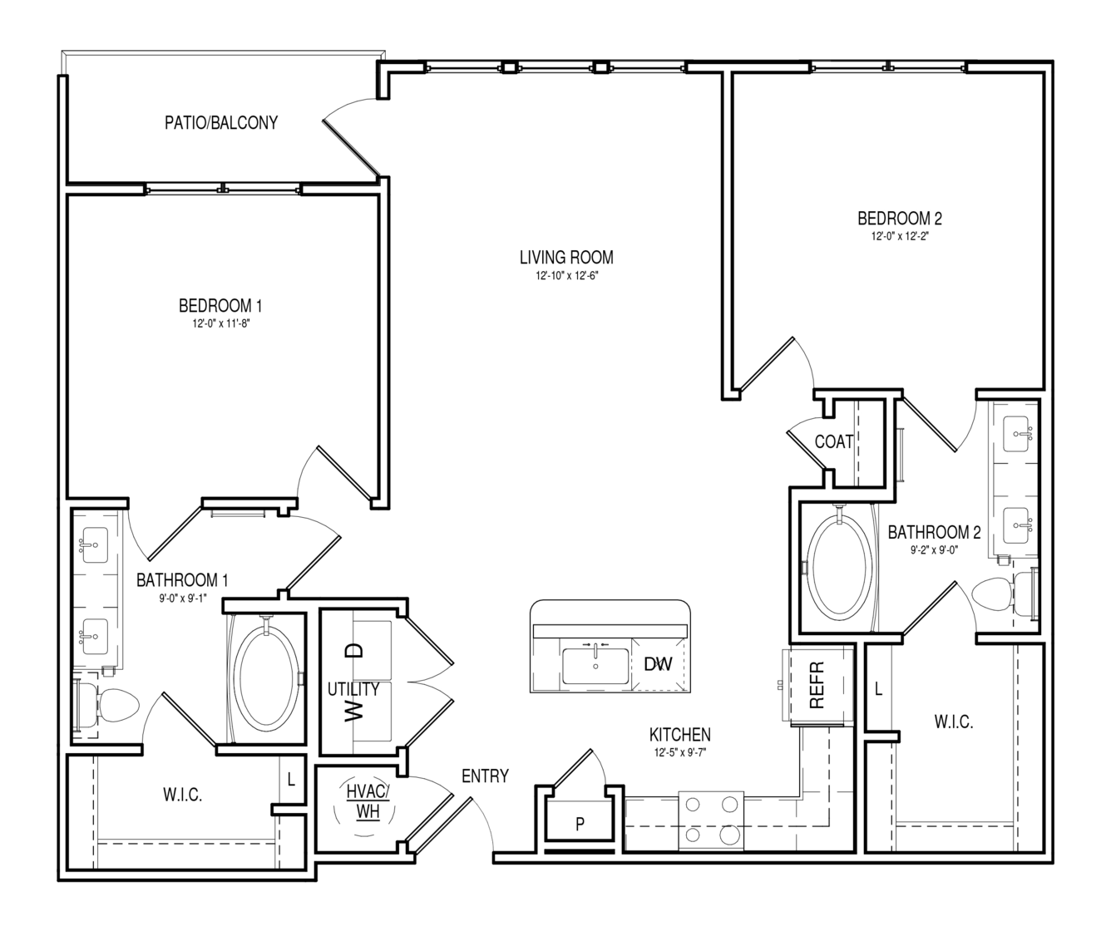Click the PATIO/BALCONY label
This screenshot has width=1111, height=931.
221,123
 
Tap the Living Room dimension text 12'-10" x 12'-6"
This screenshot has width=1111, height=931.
566,276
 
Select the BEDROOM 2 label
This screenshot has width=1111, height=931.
900,218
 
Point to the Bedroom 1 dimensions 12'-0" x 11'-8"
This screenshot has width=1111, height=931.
221,323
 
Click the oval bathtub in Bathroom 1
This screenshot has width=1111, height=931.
266,677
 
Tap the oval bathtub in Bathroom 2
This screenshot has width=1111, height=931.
839,569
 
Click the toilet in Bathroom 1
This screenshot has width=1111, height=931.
108,706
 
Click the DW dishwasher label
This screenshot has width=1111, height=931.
658,664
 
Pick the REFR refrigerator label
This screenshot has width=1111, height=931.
817,685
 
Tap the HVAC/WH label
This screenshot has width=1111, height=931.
368,801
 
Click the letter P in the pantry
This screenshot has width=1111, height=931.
580,824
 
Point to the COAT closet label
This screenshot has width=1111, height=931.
834,441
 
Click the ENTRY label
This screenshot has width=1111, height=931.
485,776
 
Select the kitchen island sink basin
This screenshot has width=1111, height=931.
595,666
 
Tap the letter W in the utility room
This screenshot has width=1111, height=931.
353,712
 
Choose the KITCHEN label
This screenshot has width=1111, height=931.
680,735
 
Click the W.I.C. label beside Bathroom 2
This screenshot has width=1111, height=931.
954,722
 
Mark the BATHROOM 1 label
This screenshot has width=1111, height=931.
182,580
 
